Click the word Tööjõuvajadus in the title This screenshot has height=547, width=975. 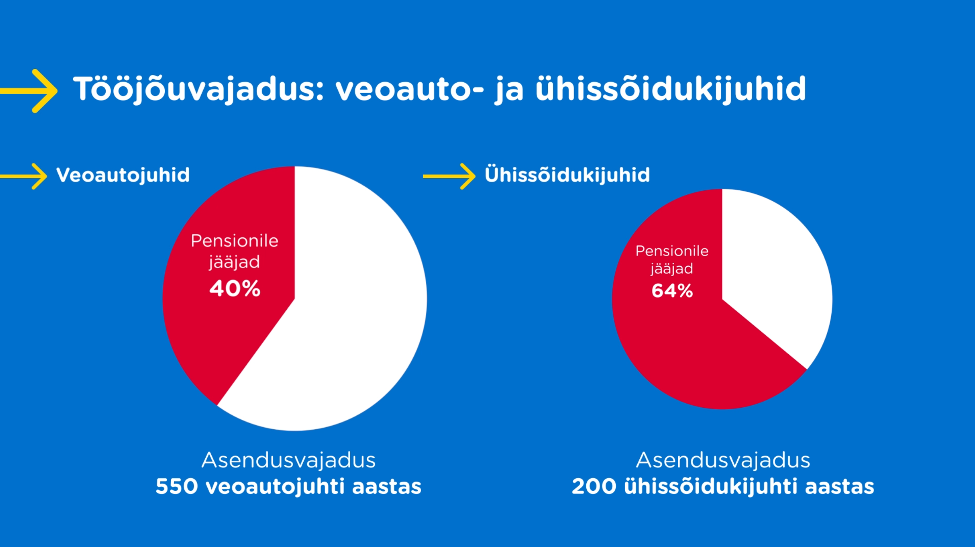(199, 89)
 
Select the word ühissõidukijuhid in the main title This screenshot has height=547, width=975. (671, 89)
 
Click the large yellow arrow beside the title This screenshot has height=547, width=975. (29, 91)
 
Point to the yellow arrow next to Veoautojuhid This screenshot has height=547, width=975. (23, 177)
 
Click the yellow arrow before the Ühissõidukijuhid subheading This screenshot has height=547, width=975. (449, 177)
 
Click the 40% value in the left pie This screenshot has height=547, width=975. (235, 289)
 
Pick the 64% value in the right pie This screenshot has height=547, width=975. (672, 291)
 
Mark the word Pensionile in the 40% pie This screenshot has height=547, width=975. (234, 241)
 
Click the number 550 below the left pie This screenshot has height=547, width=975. (177, 486)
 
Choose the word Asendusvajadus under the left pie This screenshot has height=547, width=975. (289, 460)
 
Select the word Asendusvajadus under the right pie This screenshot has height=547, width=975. (723, 460)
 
